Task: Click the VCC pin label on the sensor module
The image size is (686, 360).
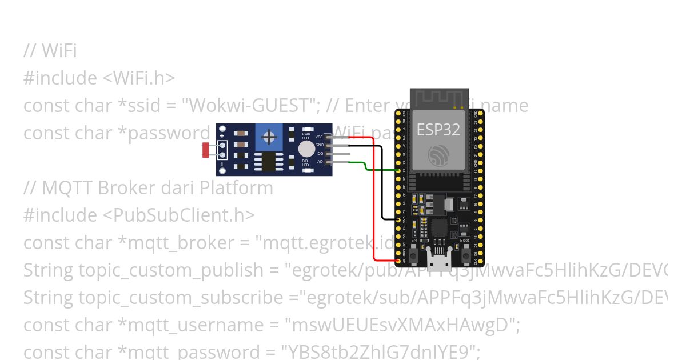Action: pos(319,137)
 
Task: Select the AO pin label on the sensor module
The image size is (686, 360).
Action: pos(320,162)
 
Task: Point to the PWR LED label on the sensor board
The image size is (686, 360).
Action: pos(306,137)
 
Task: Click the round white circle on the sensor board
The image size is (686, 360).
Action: pos(306,149)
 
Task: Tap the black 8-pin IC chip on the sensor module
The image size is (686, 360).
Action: pos(268,162)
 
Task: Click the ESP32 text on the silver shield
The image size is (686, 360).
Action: pos(438,130)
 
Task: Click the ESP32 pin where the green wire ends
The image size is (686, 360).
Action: pos(398,170)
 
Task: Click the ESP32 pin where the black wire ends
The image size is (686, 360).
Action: pos(398,219)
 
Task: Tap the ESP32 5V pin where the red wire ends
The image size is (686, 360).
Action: pos(398,261)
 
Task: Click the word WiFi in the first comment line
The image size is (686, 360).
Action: pos(59,51)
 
